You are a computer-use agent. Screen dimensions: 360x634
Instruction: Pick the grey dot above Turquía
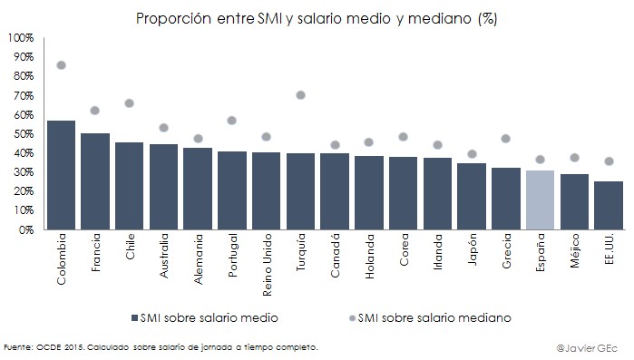300,95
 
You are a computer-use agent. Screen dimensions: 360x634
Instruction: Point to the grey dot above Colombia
61,65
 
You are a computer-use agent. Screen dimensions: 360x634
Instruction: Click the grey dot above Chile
130,103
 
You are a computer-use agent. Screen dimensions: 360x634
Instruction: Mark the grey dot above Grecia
505,139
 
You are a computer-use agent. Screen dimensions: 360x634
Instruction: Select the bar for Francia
95,181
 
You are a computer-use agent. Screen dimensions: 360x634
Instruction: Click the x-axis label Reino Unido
267,261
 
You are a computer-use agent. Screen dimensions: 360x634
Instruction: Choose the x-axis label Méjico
574,253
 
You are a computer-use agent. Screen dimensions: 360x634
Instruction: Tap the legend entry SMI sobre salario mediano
434,317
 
